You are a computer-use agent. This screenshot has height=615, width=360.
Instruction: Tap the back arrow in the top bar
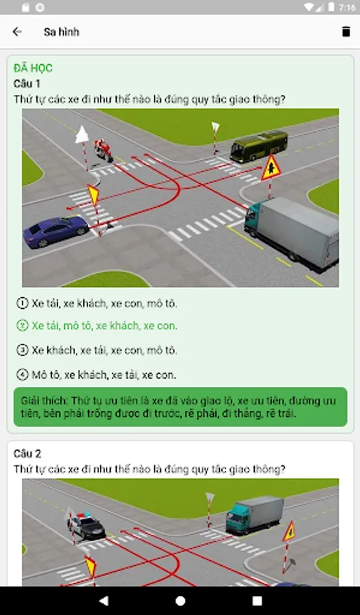[17, 31]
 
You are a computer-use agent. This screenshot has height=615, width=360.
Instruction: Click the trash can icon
[346, 31]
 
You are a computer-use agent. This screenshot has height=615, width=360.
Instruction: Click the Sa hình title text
[61, 31]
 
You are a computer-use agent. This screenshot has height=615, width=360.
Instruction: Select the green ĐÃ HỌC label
[33, 68]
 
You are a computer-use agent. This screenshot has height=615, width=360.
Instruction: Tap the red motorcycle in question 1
[104, 150]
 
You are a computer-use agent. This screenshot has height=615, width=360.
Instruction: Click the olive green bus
[259, 146]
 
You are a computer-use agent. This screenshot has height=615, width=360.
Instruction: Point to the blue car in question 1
[56, 231]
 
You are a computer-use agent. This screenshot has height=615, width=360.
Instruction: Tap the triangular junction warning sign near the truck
[271, 168]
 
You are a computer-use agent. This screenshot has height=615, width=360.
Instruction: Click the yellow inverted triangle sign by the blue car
[94, 195]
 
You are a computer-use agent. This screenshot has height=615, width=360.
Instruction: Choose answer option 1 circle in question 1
[23, 303]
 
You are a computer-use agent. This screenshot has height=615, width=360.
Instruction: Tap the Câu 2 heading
[27, 454]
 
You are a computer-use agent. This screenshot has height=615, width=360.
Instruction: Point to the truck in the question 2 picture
[255, 515]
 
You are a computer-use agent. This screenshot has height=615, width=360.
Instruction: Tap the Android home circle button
[180, 601]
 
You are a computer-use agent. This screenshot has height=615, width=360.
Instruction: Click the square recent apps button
[258, 601]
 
